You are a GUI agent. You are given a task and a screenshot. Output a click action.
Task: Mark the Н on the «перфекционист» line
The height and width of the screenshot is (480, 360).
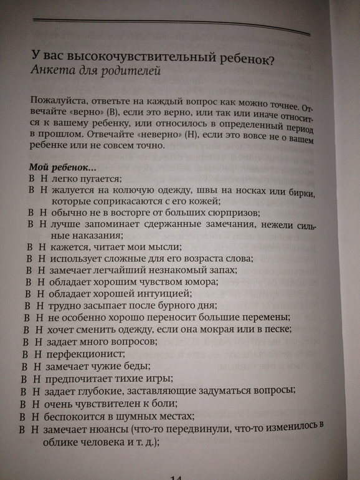36,354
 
